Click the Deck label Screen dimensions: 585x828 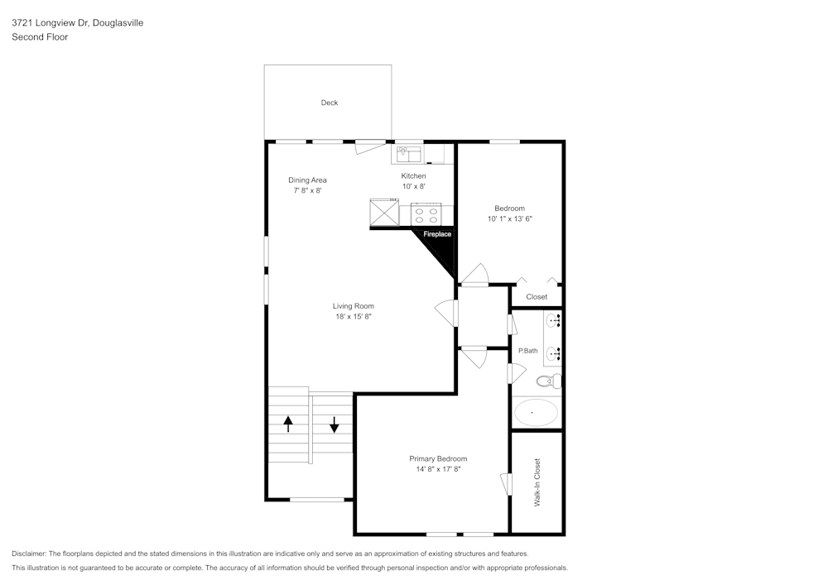click(x=330, y=103)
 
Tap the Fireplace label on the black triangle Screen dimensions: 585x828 click(x=437, y=234)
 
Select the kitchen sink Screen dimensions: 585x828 click(x=409, y=154)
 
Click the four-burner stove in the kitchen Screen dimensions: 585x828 click(x=426, y=215)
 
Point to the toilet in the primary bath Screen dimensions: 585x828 click(x=548, y=381)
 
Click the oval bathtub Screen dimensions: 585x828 click(x=536, y=412)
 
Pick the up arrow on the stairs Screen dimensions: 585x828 click(x=288, y=424)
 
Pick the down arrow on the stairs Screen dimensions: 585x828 click(x=335, y=424)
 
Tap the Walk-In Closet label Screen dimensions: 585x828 click(x=537, y=482)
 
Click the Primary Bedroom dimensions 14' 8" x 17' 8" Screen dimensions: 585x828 click(x=438, y=469)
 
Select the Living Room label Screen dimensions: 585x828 click(x=354, y=306)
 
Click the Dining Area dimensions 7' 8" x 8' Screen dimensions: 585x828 click(x=307, y=190)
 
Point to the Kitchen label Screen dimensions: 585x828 click(x=413, y=176)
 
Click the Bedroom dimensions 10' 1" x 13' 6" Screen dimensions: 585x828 click(x=509, y=219)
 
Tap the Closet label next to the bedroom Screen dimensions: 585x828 click(x=537, y=297)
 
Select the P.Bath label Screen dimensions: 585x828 click(x=527, y=351)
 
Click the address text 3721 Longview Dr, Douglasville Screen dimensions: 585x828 click(x=77, y=23)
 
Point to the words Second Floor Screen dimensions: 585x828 click(x=40, y=37)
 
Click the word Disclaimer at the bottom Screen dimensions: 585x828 click(x=29, y=553)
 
